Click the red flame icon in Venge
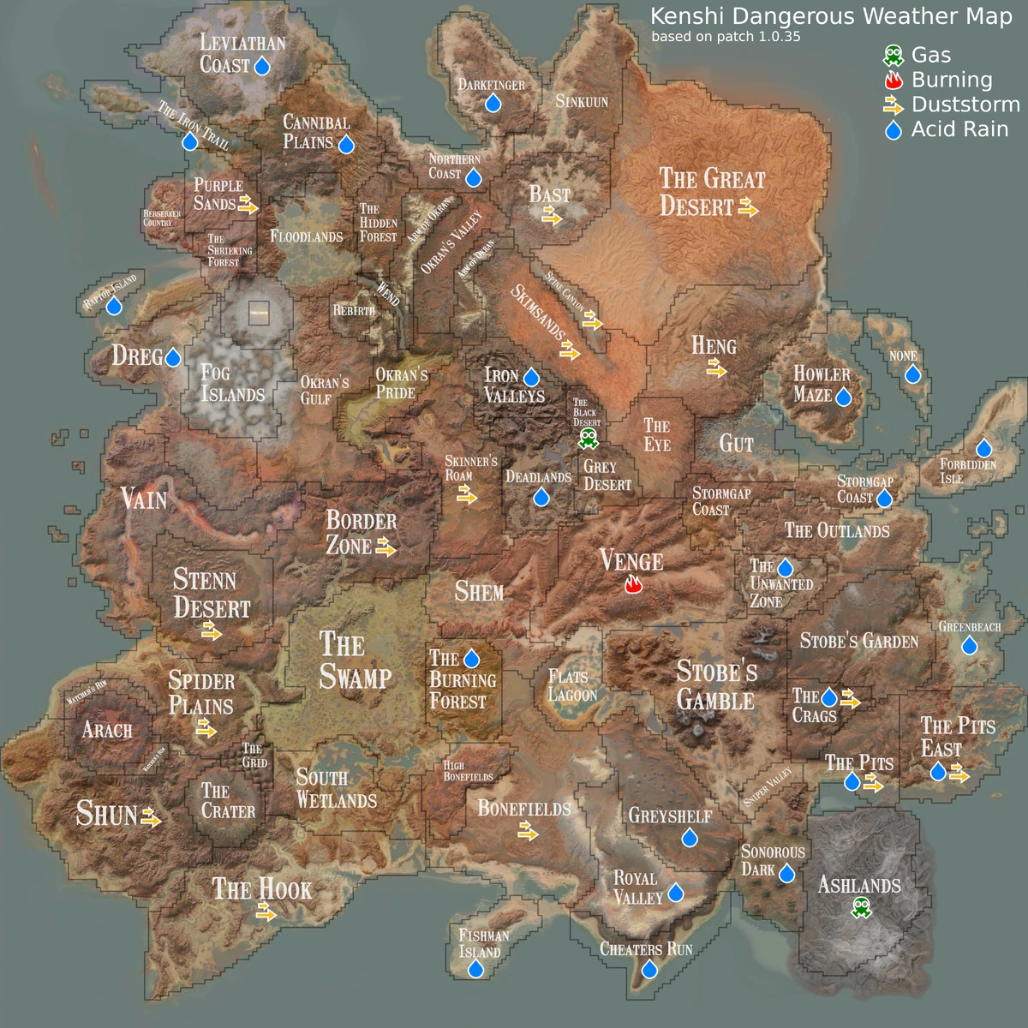click(633, 585)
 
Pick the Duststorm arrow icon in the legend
click(894, 105)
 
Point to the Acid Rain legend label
click(959, 129)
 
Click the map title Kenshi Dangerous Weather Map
click(831, 16)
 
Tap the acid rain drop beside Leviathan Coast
click(262, 66)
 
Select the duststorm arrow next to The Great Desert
click(748, 207)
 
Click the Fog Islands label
click(232, 383)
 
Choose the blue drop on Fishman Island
click(475, 969)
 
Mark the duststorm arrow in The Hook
click(266, 914)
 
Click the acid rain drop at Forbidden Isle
click(983, 448)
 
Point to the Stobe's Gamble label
click(716, 685)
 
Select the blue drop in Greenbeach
click(969, 645)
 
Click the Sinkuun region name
click(582, 101)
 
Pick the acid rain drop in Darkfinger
click(493, 104)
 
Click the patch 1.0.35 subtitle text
click(726, 37)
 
